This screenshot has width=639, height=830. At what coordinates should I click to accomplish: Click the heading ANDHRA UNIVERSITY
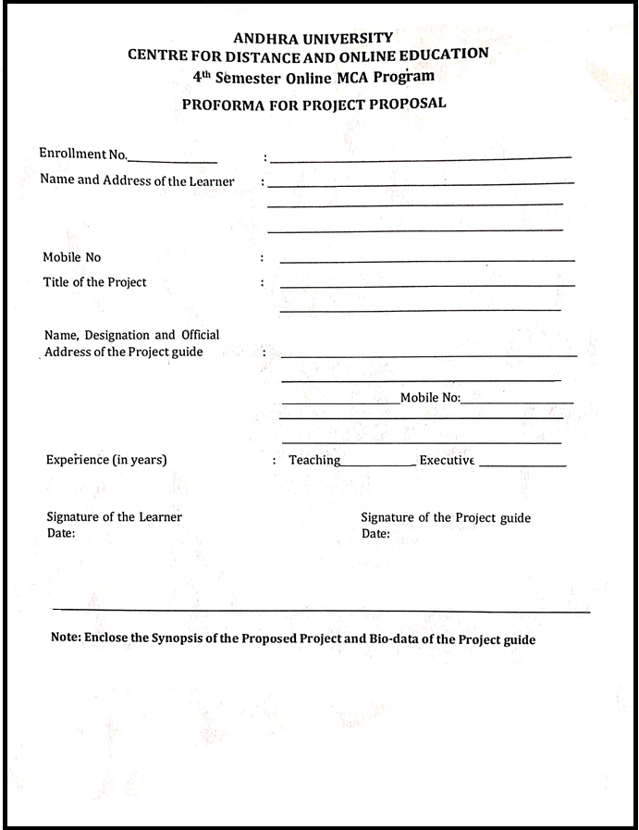click(313, 38)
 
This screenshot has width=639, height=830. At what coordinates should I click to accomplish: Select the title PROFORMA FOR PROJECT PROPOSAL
click(313, 104)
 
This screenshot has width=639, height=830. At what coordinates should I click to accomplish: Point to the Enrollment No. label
click(83, 153)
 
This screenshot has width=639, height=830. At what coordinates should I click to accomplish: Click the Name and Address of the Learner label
click(137, 180)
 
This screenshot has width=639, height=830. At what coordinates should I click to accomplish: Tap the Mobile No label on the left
click(72, 257)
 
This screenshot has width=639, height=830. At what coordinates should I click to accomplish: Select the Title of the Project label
click(94, 282)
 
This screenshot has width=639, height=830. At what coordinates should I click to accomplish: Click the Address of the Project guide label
click(123, 352)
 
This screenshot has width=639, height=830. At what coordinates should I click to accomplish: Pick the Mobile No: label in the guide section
click(430, 398)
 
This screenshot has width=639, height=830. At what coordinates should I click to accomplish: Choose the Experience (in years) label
click(106, 460)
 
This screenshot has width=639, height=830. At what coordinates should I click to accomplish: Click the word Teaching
click(314, 460)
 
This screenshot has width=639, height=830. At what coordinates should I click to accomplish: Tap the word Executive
click(447, 460)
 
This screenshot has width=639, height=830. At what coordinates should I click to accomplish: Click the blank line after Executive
click(522, 465)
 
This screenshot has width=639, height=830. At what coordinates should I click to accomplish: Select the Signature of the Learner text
click(114, 517)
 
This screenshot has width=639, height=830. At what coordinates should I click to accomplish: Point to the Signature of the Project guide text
click(446, 518)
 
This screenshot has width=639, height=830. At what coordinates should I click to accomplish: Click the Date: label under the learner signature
click(61, 534)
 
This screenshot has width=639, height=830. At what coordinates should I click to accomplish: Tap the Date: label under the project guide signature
click(375, 535)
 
